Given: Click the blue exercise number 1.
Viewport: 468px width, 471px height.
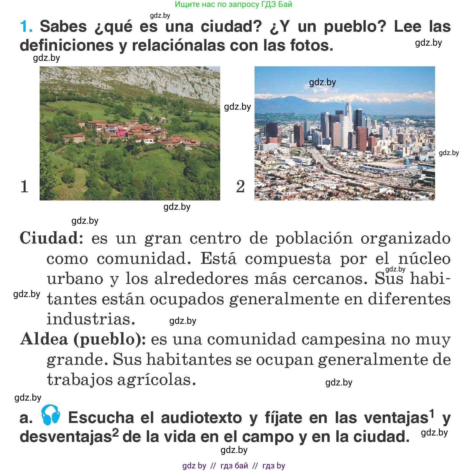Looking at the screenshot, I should click(26, 26).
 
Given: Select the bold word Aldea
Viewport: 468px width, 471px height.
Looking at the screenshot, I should click(44, 339).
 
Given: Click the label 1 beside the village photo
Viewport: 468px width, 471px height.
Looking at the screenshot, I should click(24, 186).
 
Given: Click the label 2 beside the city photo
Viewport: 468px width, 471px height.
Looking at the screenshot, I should click(240, 186).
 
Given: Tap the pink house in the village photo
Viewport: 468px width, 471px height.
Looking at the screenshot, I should click(121, 132).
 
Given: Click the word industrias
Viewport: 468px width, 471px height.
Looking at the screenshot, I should click(91, 319).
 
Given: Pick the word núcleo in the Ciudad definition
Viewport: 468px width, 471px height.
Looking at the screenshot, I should click(424, 259).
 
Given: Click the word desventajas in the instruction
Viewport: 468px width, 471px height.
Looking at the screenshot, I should click(66, 437).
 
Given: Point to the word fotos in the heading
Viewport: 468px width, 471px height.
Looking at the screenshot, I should click(311, 46).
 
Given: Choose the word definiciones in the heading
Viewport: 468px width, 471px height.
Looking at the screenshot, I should click(67, 46).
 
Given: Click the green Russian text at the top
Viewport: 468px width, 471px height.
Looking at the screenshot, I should click(233, 4).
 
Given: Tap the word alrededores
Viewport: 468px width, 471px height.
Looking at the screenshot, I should click(201, 279).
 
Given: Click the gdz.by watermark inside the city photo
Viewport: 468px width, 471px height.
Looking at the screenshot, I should click(322, 82).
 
